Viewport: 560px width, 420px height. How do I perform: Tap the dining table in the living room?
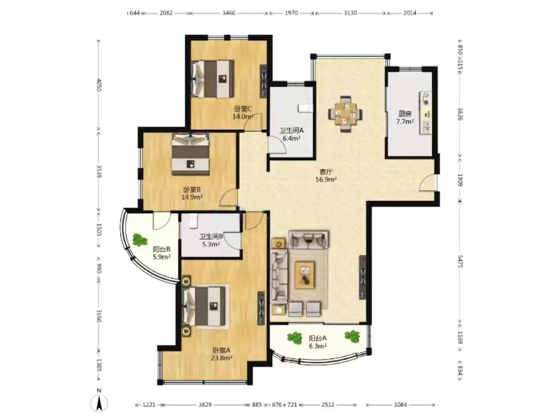(345, 114)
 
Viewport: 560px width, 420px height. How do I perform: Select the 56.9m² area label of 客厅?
(326, 179)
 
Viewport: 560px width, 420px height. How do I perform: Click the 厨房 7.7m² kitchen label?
(405, 118)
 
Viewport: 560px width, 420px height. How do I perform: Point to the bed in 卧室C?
(213, 79)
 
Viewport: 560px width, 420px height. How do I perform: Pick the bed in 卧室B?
(190, 154)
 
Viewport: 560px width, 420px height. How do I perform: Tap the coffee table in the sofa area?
(305, 275)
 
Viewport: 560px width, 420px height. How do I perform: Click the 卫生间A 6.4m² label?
(291, 135)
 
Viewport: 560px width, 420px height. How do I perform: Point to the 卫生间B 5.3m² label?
(211, 241)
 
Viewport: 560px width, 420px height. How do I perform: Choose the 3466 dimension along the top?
(229, 13)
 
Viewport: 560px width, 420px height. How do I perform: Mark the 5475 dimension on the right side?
(460, 261)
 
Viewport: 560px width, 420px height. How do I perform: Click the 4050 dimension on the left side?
(99, 85)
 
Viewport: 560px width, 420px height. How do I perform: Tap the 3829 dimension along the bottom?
(205, 405)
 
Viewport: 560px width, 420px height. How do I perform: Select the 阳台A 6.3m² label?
(318, 342)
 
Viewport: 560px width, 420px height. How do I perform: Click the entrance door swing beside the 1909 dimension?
(428, 183)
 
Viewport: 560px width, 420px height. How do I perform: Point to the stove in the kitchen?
(425, 98)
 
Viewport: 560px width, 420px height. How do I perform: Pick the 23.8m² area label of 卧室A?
(222, 358)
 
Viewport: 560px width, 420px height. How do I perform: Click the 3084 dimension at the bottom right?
(400, 405)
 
